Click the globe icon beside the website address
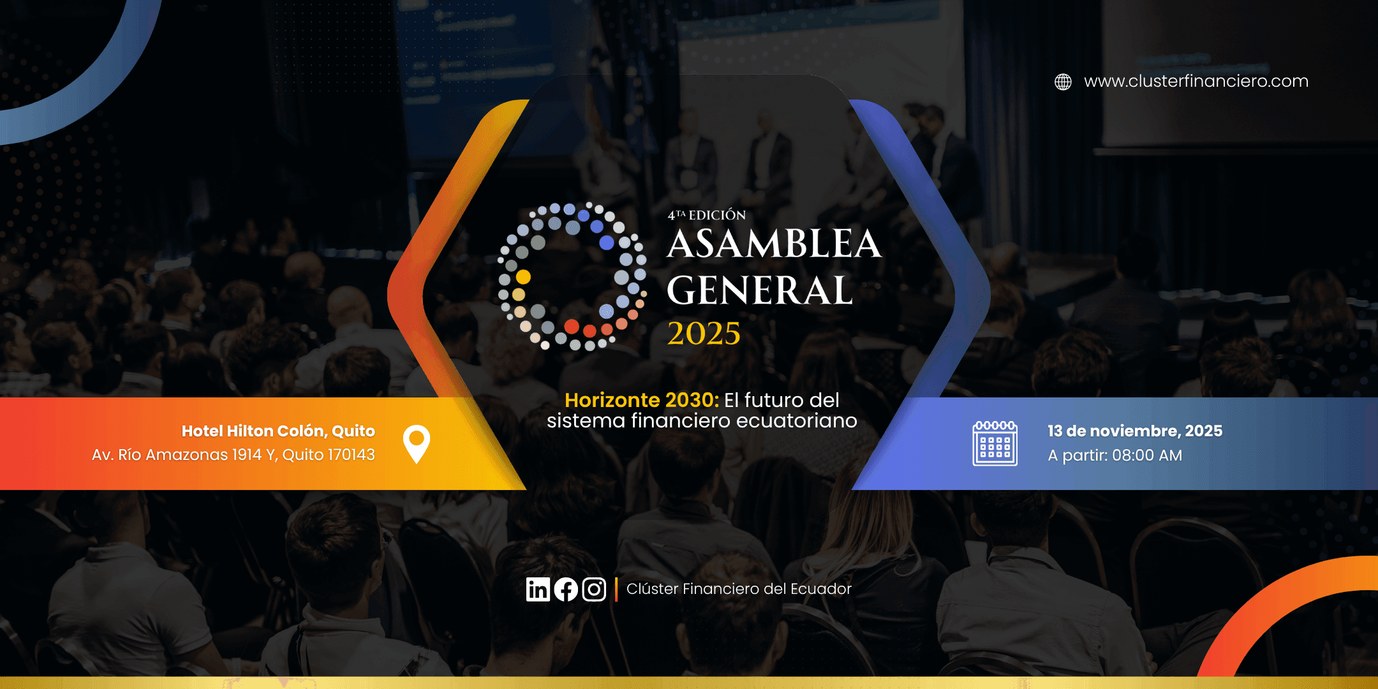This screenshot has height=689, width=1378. click(x=1063, y=82)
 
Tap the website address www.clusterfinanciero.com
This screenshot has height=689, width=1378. click(x=1196, y=81)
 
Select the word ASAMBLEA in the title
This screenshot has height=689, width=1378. click(x=774, y=244)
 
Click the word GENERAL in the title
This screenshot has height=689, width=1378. click(x=760, y=291)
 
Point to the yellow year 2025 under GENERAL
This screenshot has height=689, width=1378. click(x=704, y=333)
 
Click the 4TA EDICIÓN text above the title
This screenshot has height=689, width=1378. click(x=707, y=215)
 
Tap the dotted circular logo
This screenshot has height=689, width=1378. click(x=572, y=276)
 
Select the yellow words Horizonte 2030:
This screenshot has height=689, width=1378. click(x=642, y=400)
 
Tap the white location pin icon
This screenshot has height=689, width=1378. click(x=417, y=443)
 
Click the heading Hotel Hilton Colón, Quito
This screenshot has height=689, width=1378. click(x=278, y=431)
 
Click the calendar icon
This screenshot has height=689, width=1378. click(x=995, y=443)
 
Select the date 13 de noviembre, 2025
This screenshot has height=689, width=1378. click(x=1135, y=431)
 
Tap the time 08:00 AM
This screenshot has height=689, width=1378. click(x=1147, y=456)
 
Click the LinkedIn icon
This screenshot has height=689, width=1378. click(x=538, y=589)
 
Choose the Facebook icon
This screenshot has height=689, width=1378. click(x=566, y=589)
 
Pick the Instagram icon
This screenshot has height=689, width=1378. click(x=594, y=589)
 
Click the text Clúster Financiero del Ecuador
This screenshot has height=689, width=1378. click(x=739, y=589)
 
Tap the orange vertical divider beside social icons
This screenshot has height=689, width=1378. click(x=616, y=589)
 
